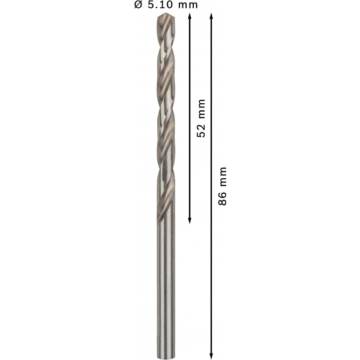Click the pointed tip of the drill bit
[x=166, y=14]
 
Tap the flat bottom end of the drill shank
[x=166, y=358]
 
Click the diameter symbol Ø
[x=139, y=5]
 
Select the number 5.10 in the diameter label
[x=160, y=5]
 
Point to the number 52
[x=201, y=131]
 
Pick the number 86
[x=222, y=199]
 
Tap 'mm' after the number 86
[x=223, y=177]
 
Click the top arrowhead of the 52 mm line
[x=190, y=16]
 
